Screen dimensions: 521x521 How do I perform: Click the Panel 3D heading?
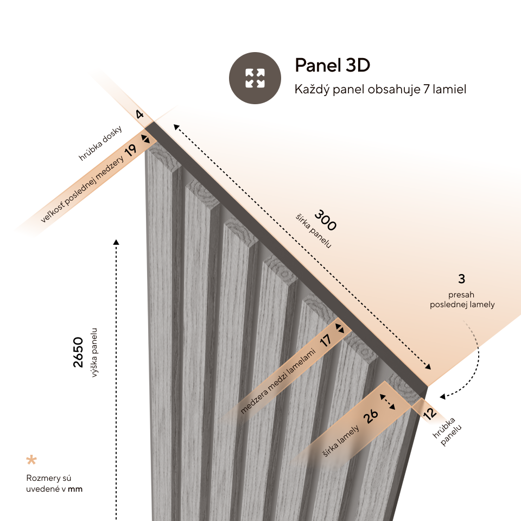332,65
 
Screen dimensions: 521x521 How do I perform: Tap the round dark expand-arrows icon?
255,78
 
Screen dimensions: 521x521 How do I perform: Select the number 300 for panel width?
325,220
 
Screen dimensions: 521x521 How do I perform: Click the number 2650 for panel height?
78,352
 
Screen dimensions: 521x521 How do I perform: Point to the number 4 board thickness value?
139,115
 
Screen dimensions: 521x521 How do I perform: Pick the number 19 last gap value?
130,150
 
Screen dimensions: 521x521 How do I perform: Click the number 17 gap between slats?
325,341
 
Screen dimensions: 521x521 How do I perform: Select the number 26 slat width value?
371,416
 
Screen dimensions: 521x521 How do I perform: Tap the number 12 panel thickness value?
429,414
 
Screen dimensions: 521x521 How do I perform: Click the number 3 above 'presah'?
461,279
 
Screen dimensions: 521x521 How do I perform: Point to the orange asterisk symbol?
31,460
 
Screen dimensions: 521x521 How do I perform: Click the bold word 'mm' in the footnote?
75,489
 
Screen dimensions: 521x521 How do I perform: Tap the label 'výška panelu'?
94,353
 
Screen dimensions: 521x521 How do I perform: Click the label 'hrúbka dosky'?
100,143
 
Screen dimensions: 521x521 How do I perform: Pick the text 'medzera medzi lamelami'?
277,381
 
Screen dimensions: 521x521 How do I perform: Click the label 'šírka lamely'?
341,441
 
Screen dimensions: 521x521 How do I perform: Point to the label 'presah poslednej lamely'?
462,300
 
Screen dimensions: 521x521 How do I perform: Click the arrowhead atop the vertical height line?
116,242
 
